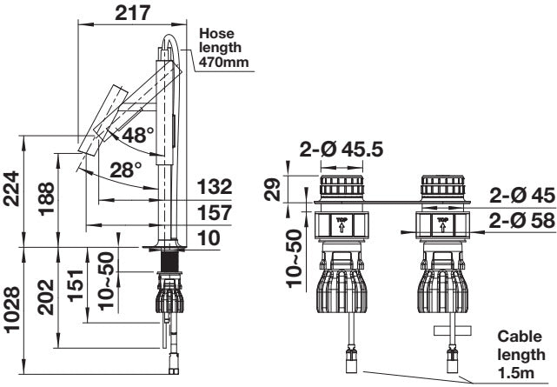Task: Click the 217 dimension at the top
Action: pyautogui.click(x=132, y=13)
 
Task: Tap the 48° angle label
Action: pyautogui.click(x=138, y=135)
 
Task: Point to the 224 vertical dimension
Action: pyautogui.click(x=10, y=189)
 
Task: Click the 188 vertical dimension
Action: pyautogui.click(x=47, y=198)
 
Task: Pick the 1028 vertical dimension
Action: pyautogui.click(x=11, y=310)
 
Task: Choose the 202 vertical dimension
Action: pyautogui.click(x=46, y=297)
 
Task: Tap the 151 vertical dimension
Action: pyautogui.click(x=76, y=286)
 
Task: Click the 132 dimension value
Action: pyautogui.click(x=215, y=187)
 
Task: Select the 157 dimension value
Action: pyautogui.click(x=215, y=212)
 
